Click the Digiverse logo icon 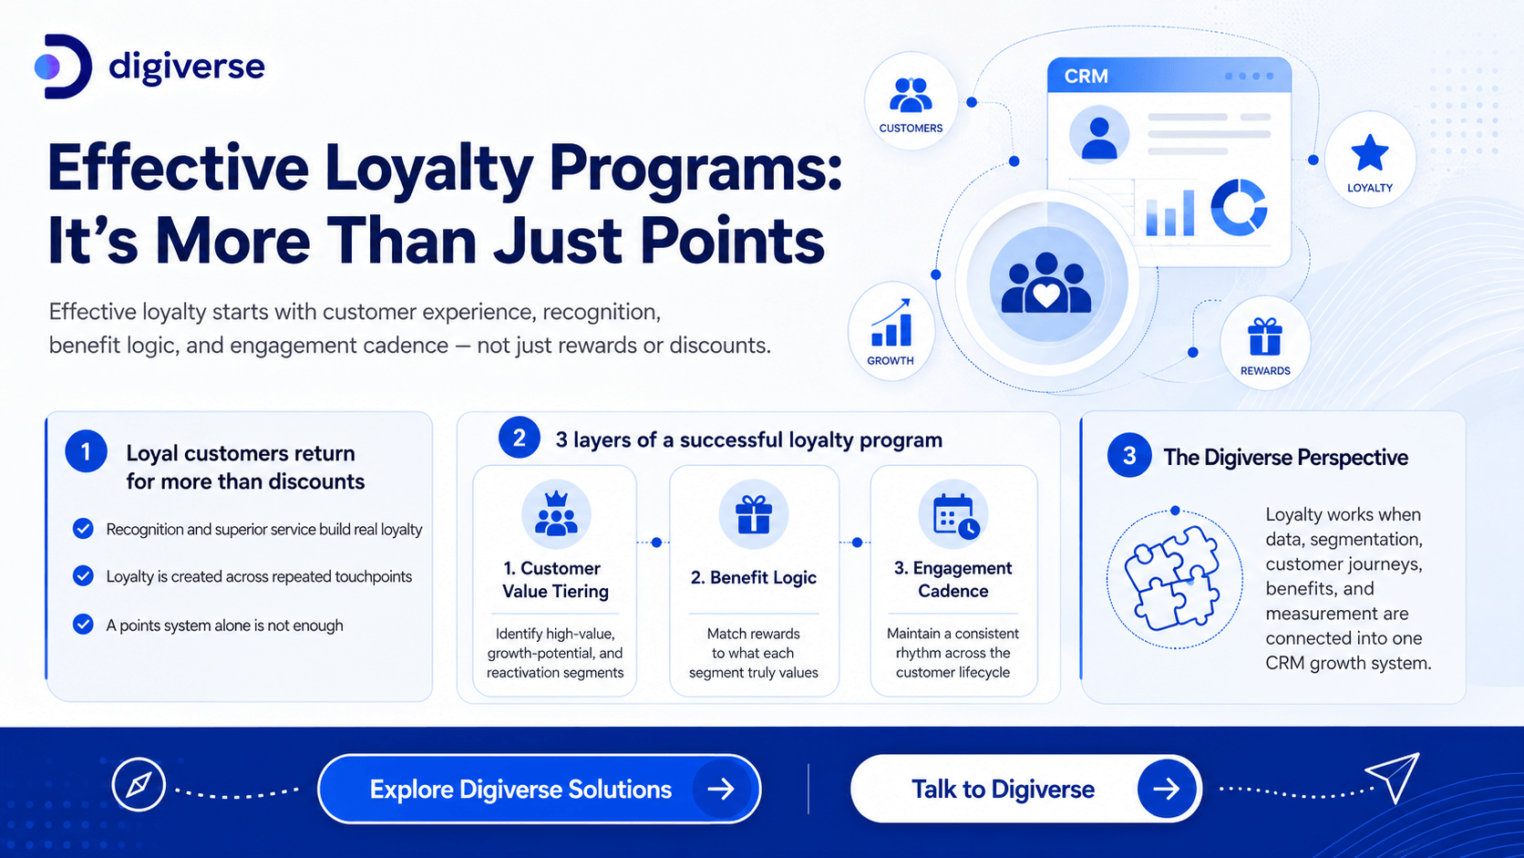pos(63,67)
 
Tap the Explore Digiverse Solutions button pos(539,789)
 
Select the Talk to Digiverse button pos(1026,789)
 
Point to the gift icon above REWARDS pos(1265,336)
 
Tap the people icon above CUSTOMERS pos(911,95)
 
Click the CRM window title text pos(1086,77)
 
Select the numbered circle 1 pos(86,451)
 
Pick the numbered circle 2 pos(520,438)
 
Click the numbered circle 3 pos(1128,455)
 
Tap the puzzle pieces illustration pos(1171,578)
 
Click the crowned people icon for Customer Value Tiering pos(557,513)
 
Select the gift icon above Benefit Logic pos(753,514)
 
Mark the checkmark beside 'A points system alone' pos(83,624)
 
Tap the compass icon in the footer pos(139,784)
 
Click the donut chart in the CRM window pos(1238,208)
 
